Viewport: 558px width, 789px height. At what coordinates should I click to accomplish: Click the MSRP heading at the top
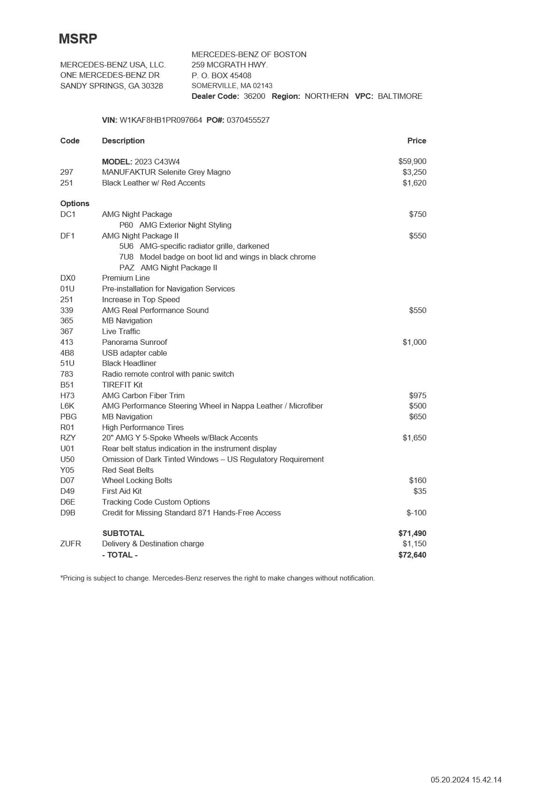pyautogui.click(x=78, y=39)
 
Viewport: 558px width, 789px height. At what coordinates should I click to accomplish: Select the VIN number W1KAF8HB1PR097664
pyautogui.click(x=161, y=120)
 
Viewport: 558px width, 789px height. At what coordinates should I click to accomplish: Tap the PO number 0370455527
pyautogui.click(x=248, y=120)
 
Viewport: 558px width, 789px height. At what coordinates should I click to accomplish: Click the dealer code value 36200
pyautogui.click(x=254, y=96)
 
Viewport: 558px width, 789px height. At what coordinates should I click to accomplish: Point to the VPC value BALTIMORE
pyautogui.click(x=400, y=96)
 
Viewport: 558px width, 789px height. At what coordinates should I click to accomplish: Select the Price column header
pyautogui.click(x=417, y=141)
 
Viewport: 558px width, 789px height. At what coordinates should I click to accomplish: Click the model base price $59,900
pyautogui.click(x=412, y=161)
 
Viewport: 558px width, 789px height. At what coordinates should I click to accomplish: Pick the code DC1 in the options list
pyautogui.click(x=68, y=214)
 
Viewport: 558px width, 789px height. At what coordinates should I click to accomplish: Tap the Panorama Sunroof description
pyautogui.click(x=134, y=342)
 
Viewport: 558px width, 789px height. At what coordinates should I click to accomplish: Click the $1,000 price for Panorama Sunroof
pyautogui.click(x=414, y=342)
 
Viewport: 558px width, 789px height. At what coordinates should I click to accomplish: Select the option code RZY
pyautogui.click(x=68, y=438)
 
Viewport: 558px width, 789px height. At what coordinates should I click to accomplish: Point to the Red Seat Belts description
pyautogui.click(x=128, y=470)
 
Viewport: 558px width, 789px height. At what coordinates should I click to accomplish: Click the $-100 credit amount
pyautogui.click(x=416, y=513)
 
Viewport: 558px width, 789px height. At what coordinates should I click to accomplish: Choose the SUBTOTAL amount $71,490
pyautogui.click(x=412, y=533)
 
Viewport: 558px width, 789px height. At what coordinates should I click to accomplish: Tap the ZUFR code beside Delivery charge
pyautogui.click(x=70, y=543)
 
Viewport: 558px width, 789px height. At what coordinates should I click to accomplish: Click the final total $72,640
pyautogui.click(x=412, y=555)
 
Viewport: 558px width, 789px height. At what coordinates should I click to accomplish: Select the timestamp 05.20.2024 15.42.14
pyautogui.click(x=466, y=780)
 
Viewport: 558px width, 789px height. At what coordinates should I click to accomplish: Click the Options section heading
pyautogui.click(x=74, y=203)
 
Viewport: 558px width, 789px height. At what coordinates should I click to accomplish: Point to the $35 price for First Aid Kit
pyautogui.click(x=420, y=491)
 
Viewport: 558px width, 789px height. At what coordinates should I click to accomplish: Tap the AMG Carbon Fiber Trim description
pyautogui.click(x=143, y=395)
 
